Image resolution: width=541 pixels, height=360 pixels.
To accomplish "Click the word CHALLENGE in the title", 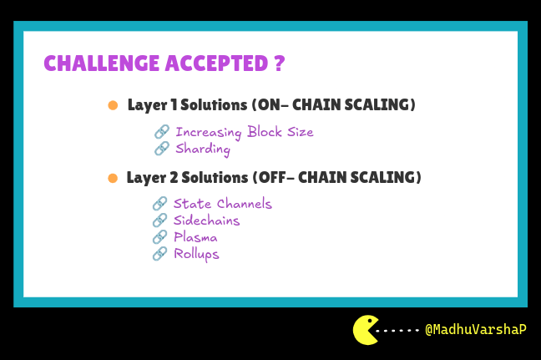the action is point(102,63).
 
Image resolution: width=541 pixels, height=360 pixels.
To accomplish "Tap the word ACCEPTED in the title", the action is point(217,63).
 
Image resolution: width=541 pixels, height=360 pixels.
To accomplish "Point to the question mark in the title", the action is point(280,63).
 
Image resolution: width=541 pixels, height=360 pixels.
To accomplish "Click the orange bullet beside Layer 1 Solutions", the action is point(113,105).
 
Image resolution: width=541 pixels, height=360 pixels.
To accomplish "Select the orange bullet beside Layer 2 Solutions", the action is point(113,178).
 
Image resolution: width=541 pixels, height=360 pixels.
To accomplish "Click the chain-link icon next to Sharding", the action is point(162,149).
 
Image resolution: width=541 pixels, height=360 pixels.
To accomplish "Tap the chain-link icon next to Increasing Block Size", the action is point(162,132).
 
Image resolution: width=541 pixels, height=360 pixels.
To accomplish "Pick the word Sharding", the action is point(203,150).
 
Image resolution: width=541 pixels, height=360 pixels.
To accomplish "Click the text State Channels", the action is point(223,204).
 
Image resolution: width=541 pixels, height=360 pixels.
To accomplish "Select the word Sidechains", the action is point(206,221).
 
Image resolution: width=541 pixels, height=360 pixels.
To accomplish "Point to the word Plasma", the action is point(195,237).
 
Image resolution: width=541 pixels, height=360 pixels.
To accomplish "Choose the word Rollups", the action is point(196,255).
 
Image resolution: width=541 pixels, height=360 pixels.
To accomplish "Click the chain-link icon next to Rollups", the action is point(159,254).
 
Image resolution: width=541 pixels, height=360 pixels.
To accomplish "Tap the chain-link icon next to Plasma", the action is point(159,237).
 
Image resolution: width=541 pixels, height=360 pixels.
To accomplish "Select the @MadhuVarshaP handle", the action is point(476,330).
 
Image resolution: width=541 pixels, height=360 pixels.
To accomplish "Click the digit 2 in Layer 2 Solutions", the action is point(174,177).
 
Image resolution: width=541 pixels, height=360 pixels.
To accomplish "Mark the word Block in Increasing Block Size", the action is point(265,131).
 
